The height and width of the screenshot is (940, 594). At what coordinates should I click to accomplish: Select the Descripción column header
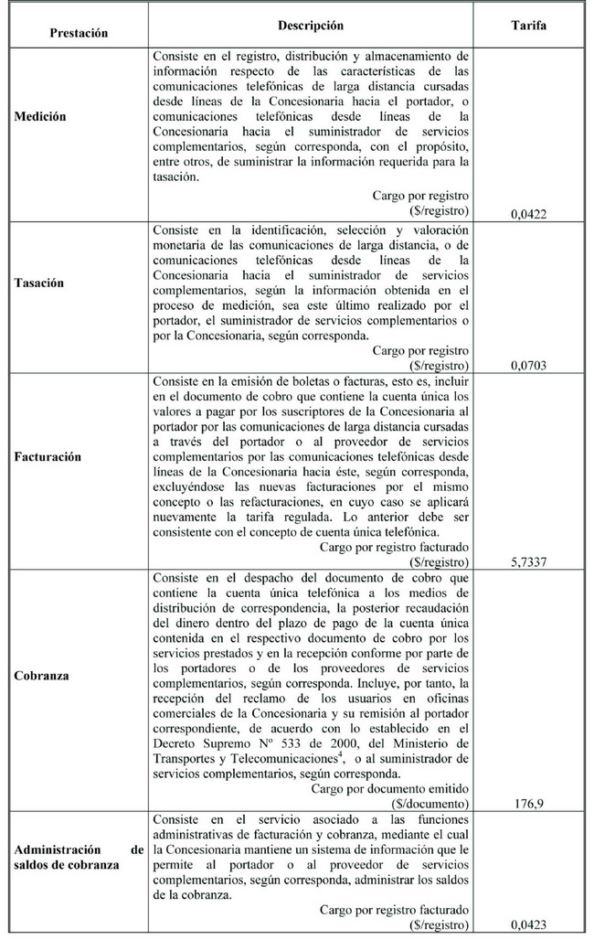point(311,27)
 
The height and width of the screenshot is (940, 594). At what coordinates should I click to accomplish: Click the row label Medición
point(40,118)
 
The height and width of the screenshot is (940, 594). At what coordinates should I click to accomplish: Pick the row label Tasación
point(39,283)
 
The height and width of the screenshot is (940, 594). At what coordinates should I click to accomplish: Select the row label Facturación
point(48,456)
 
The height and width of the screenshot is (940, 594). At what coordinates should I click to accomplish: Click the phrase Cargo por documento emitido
point(390,788)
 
